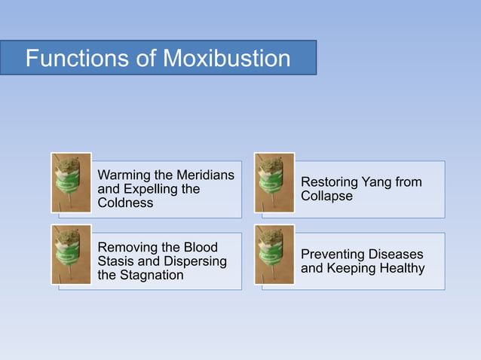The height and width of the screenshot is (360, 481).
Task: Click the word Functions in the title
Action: point(73,59)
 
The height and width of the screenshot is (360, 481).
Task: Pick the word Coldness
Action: point(125,203)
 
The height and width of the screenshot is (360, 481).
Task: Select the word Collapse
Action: point(326,196)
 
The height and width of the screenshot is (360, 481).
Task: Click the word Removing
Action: point(127,248)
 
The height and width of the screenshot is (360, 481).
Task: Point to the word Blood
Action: point(200,248)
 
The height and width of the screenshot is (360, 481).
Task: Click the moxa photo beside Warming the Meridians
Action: point(71,182)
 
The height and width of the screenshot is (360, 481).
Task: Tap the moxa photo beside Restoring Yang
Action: point(274,182)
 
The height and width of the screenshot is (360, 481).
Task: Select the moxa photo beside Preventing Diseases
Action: point(274,254)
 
